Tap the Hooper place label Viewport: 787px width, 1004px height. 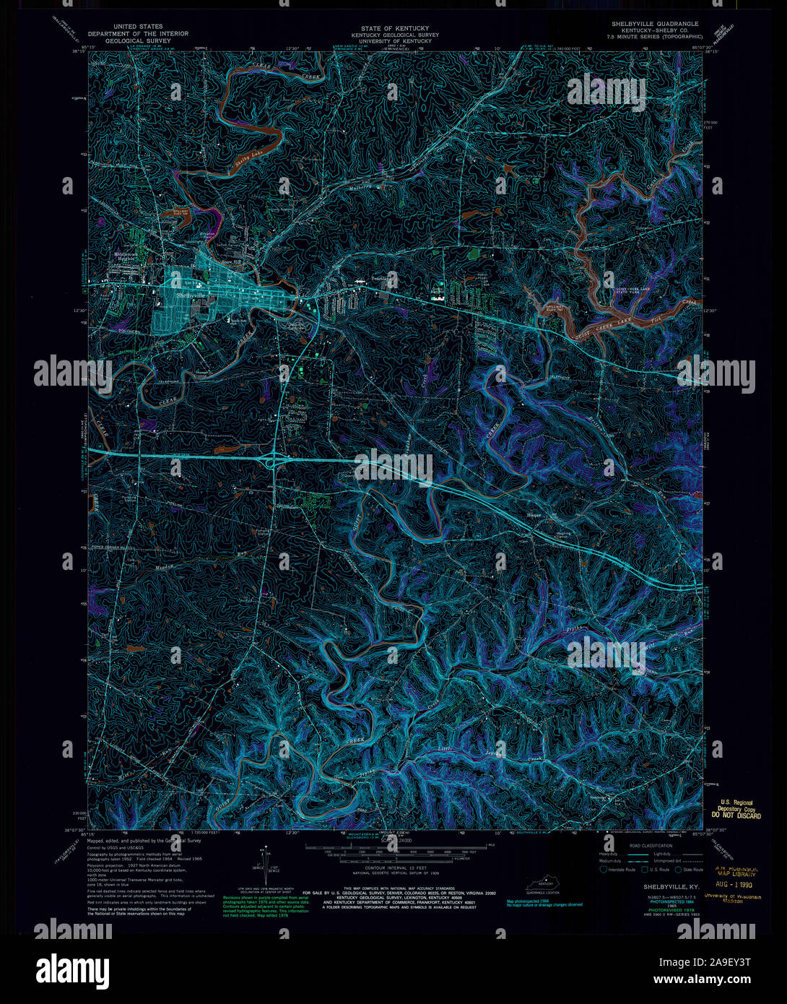coord(534,514)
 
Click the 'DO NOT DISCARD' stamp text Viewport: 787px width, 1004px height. coord(737,815)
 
